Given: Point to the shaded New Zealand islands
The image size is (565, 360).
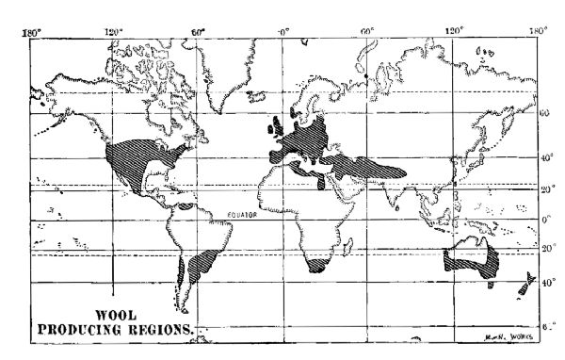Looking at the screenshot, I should tap(527, 284).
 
